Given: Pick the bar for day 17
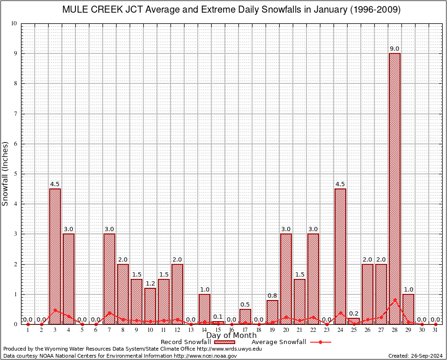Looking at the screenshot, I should [245, 316].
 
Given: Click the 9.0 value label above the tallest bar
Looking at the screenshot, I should [395, 49].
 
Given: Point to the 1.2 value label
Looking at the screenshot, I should [150, 284].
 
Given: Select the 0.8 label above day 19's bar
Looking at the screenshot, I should [272, 296].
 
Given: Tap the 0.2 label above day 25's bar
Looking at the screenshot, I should [354, 314].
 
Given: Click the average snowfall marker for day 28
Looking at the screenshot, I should [395, 300].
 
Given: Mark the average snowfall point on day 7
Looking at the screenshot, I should [109, 313].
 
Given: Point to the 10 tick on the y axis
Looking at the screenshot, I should [15, 23].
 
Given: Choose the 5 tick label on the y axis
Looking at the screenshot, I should [15, 174].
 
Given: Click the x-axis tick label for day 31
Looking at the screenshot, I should [435, 330].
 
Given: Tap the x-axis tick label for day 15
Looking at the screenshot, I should [218, 330].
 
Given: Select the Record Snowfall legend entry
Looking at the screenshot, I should [197, 342].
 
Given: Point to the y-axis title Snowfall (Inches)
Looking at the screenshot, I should [6, 173].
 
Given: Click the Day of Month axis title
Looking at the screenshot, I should [231, 336].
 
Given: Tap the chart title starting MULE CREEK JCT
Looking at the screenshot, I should [231, 10].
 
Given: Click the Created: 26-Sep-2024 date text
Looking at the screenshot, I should [416, 356].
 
